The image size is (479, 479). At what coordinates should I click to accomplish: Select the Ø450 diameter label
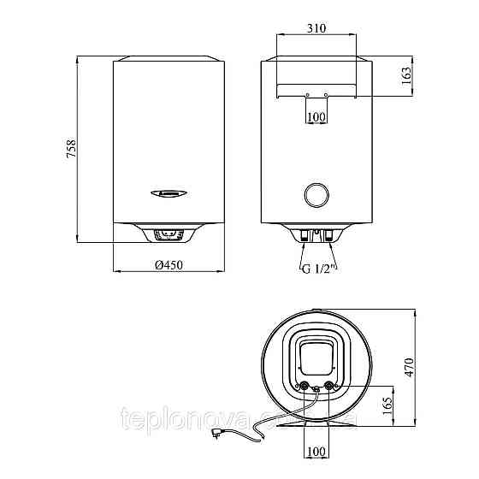click(170, 264)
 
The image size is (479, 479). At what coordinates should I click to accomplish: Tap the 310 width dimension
click(316, 28)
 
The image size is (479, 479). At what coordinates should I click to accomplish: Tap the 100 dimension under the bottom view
click(316, 451)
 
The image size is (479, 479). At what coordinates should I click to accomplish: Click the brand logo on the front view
click(170, 192)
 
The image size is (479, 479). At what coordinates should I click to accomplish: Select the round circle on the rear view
click(316, 195)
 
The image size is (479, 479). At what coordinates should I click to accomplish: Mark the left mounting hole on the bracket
click(306, 94)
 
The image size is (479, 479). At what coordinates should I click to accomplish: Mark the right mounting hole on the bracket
click(326, 94)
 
